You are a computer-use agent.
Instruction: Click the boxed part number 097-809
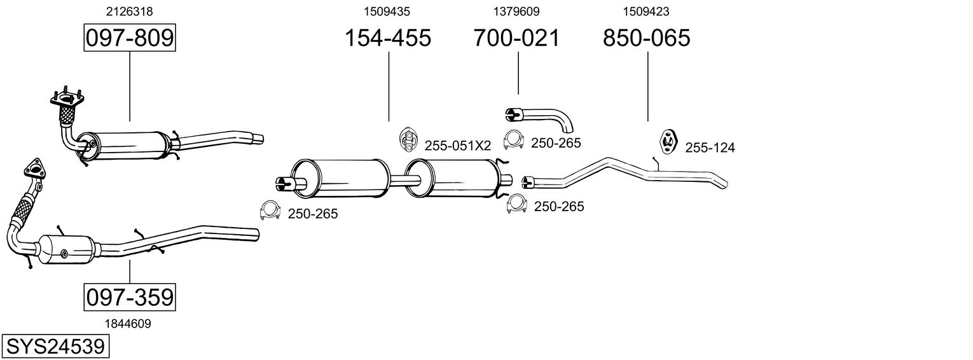tap(129, 38)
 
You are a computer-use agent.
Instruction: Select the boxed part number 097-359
tap(129, 297)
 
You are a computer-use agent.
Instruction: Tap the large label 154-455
tap(387, 38)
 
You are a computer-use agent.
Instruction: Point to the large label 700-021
tap(516, 38)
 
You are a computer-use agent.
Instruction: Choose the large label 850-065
tap(646, 38)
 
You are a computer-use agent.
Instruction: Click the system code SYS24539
tap(55, 347)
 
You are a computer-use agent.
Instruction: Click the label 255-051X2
tap(457, 146)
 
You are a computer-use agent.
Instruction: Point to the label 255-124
tap(710, 148)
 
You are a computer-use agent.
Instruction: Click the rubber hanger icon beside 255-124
tap(667, 141)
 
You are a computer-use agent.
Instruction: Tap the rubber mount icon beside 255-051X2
tap(407, 140)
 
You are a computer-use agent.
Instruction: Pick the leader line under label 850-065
tap(647, 86)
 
